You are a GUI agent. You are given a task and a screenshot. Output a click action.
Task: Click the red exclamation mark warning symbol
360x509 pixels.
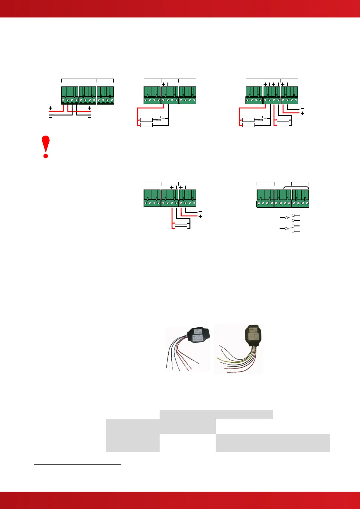pyautogui.click(x=46, y=147)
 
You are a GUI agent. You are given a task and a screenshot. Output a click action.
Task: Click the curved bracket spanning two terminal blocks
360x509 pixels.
pyautogui.click(x=291, y=187)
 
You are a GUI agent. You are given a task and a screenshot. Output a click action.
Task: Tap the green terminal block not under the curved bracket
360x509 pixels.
pyautogui.click(x=265, y=198)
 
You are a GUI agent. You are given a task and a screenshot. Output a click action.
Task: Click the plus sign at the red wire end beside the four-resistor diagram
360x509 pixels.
pyautogui.click(x=302, y=113)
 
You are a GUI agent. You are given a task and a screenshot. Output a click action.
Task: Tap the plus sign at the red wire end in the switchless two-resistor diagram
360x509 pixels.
pyautogui.click(x=200, y=216)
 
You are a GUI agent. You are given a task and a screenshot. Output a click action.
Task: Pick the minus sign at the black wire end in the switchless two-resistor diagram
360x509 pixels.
pyautogui.click(x=200, y=212)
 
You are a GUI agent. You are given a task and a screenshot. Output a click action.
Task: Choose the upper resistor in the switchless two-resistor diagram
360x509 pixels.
pyautogui.click(x=181, y=223)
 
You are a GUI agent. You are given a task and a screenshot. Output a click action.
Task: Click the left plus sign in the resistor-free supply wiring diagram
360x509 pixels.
pyautogui.click(x=50, y=108)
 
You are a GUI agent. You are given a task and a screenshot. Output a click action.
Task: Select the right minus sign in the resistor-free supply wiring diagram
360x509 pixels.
pyautogui.click(x=89, y=117)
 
